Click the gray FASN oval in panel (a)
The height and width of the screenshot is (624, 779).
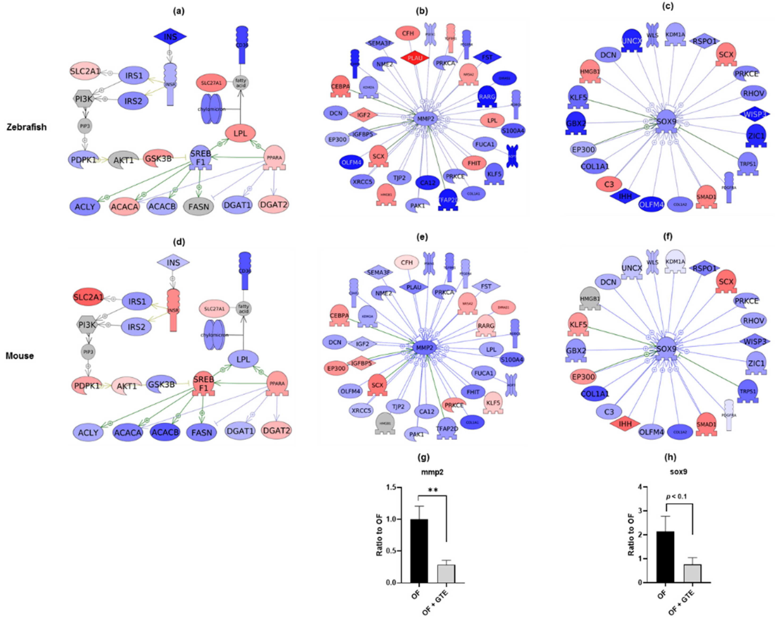[x=198, y=207]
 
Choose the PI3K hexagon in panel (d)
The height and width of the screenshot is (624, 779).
[x=87, y=325]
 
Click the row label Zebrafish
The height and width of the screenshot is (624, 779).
[x=26, y=127]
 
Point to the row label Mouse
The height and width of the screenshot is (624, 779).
[x=20, y=356]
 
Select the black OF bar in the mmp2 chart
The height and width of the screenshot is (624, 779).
[x=419, y=551]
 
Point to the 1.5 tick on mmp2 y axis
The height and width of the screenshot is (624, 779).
[x=390, y=488]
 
